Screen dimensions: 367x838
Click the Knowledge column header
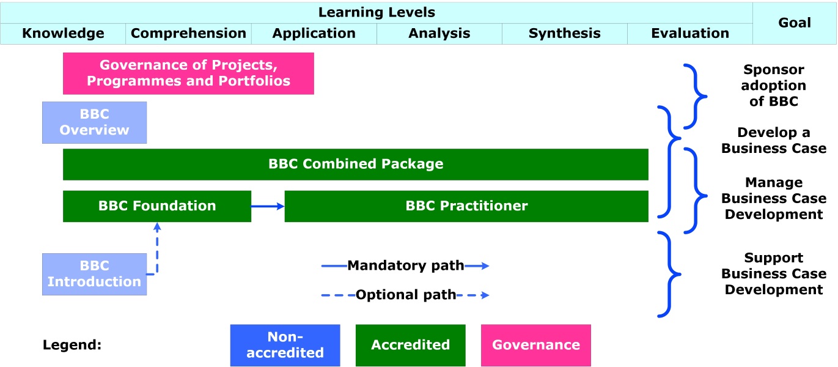(x=63, y=34)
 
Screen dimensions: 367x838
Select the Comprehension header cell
(x=188, y=34)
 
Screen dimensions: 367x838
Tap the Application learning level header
(x=314, y=34)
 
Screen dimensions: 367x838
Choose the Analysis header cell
(x=439, y=34)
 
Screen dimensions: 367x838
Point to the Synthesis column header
(x=564, y=34)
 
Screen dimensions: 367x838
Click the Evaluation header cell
(x=689, y=34)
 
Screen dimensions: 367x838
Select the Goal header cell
(x=795, y=23)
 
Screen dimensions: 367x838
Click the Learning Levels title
(x=377, y=12)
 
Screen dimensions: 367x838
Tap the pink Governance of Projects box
(x=188, y=73)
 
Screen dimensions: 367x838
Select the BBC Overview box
(x=94, y=122)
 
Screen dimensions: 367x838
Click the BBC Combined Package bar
(x=355, y=164)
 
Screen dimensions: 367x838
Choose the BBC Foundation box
(x=157, y=206)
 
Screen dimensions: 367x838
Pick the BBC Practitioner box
(x=466, y=206)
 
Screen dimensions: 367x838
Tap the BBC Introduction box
(x=94, y=274)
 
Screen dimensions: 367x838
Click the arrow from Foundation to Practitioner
(x=268, y=206)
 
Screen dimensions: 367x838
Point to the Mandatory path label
(x=405, y=265)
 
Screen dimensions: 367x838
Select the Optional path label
(x=405, y=295)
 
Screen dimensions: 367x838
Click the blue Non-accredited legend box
(x=285, y=345)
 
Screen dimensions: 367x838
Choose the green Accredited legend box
(x=410, y=345)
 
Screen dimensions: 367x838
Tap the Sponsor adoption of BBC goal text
(x=773, y=86)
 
